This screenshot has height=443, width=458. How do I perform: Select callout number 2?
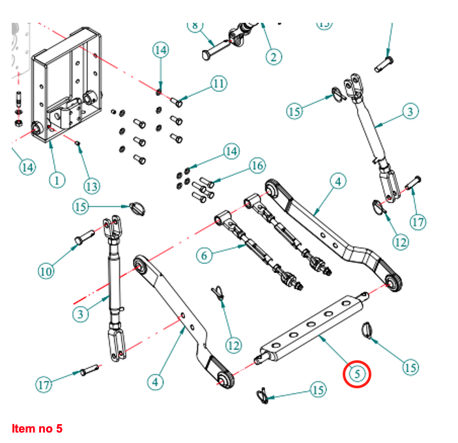(274, 57)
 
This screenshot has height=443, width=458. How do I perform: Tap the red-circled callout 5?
(358, 374)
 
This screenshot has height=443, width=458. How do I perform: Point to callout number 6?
(205, 255)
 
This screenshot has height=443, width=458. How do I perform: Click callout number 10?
(45, 270)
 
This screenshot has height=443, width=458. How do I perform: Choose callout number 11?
(218, 84)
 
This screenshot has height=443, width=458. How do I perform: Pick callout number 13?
(92, 186)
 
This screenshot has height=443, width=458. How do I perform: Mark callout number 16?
(257, 166)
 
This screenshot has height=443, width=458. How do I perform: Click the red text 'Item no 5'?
(37, 429)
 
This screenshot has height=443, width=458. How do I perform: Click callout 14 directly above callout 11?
(161, 50)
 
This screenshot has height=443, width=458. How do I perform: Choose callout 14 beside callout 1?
(27, 167)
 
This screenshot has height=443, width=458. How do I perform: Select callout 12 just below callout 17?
(400, 242)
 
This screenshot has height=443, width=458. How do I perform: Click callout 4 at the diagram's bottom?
(154, 382)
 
